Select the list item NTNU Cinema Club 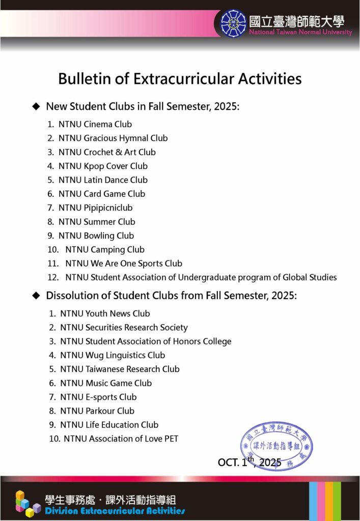95,124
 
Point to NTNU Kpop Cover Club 103,166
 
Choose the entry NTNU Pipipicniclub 95,208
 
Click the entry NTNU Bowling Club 96,236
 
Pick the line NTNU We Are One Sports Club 123,264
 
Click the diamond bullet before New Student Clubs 36,106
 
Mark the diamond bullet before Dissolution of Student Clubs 36,296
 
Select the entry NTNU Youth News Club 105,313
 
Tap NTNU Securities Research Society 124,328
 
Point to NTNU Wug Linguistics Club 113,355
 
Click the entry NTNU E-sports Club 98,397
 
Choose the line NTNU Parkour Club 97,411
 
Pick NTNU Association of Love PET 121,439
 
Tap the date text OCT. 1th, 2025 249,462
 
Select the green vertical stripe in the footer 337,501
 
